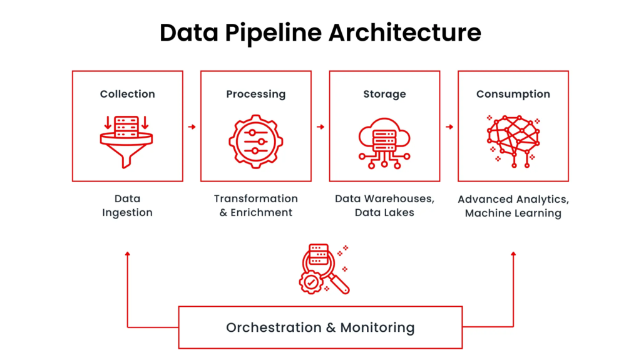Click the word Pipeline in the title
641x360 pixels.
(273, 33)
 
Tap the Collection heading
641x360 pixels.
(128, 94)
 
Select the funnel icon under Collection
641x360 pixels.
(126, 142)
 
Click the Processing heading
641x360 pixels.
(256, 95)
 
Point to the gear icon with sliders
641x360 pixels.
(256, 141)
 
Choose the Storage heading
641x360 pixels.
(385, 95)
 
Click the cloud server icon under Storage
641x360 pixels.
(384, 143)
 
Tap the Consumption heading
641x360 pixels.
(513, 95)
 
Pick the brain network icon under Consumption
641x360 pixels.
(513, 141)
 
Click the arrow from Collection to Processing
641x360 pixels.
(192, 127)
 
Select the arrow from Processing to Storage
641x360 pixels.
(320, 127)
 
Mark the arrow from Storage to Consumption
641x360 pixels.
(449, 127)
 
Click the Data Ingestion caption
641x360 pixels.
(128, 206)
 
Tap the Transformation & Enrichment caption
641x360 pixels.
(256, 205)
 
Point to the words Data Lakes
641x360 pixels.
(385, 213)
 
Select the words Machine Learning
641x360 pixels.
(513, 213)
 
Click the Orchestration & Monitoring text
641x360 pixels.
(320, 327)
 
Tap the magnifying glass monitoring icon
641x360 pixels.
(324, 269)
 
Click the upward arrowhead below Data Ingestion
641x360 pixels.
(128, 254)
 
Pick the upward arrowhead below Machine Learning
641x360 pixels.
(513, 254)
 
